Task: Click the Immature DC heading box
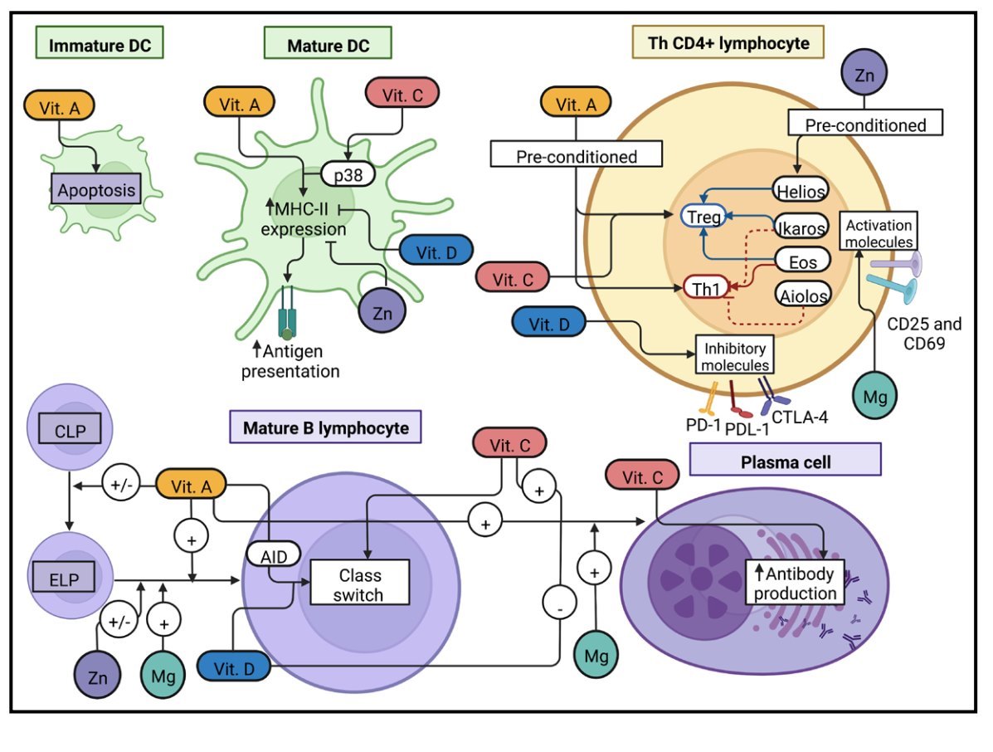100,45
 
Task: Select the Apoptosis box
95,191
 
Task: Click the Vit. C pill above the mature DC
402,95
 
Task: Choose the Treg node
702,217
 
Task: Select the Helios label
800,191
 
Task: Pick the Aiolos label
801,295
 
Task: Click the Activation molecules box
878,232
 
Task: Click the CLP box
71,432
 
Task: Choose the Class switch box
360,584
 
